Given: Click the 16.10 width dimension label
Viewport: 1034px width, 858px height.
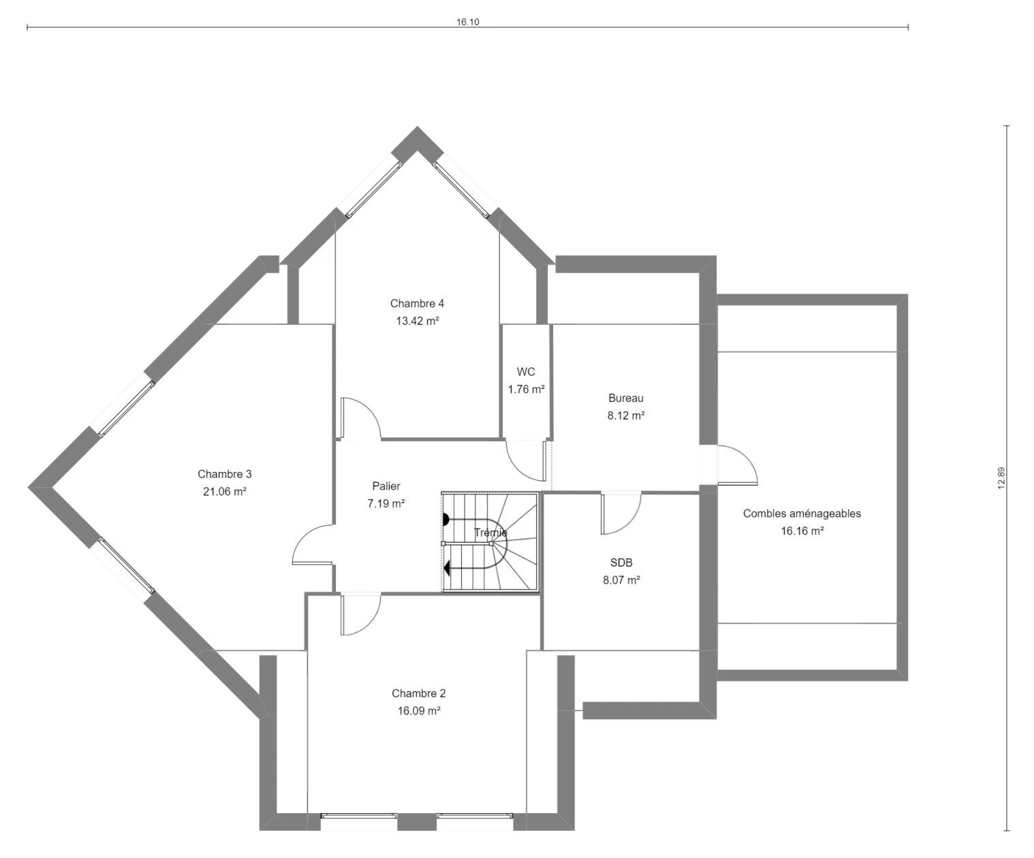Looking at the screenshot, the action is [467, 22].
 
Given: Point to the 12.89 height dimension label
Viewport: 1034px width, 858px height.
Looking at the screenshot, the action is [1002, 478].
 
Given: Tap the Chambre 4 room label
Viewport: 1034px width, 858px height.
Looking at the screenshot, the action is [417, 304].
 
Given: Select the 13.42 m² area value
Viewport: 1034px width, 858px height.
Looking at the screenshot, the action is [418, 321].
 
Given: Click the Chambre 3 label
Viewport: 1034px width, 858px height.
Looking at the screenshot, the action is [225, 475].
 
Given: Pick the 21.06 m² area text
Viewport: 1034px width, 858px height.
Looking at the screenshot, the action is [225, 492].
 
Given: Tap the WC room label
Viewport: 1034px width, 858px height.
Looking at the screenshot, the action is [526, 372].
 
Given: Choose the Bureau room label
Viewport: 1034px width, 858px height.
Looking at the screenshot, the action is [626, 398].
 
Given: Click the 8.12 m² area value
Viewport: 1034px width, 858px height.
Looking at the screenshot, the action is [626, 415].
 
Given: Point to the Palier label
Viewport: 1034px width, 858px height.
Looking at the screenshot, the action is [386, 486].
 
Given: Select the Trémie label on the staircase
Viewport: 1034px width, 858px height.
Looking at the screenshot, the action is [490, 533].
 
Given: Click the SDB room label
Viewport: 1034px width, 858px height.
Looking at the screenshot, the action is [621, 562].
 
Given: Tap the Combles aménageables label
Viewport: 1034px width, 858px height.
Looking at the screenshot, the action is [802, 513].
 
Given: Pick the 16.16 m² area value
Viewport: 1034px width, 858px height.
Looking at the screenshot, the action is [802, 531].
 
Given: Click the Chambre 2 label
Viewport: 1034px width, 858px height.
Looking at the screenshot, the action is [419, 694].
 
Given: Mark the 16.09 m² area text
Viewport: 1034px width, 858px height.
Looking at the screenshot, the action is [419, 711].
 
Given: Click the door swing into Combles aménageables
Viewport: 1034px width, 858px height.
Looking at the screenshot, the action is [745, 458].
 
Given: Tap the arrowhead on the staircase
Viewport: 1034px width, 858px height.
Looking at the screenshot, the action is [447, 569].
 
